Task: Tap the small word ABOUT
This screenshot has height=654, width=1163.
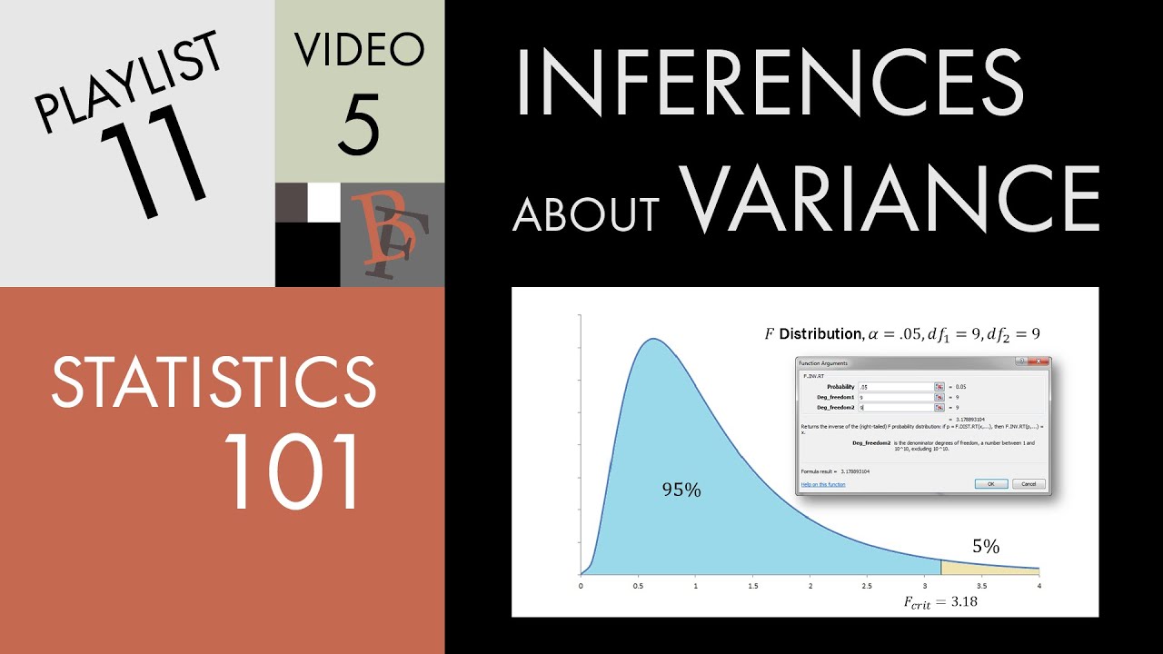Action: [585, 213]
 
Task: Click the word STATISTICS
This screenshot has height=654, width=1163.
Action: [214, 381]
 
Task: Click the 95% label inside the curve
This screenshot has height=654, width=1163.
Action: [681, 490]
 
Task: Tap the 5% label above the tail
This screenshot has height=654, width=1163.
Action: [986, 547]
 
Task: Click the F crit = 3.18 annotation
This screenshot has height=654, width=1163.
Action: [940, 601]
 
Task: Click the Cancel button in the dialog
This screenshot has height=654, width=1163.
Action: [1029, 484]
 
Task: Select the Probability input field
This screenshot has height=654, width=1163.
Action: [896, 386]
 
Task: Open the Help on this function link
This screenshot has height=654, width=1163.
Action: [823, 484]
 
